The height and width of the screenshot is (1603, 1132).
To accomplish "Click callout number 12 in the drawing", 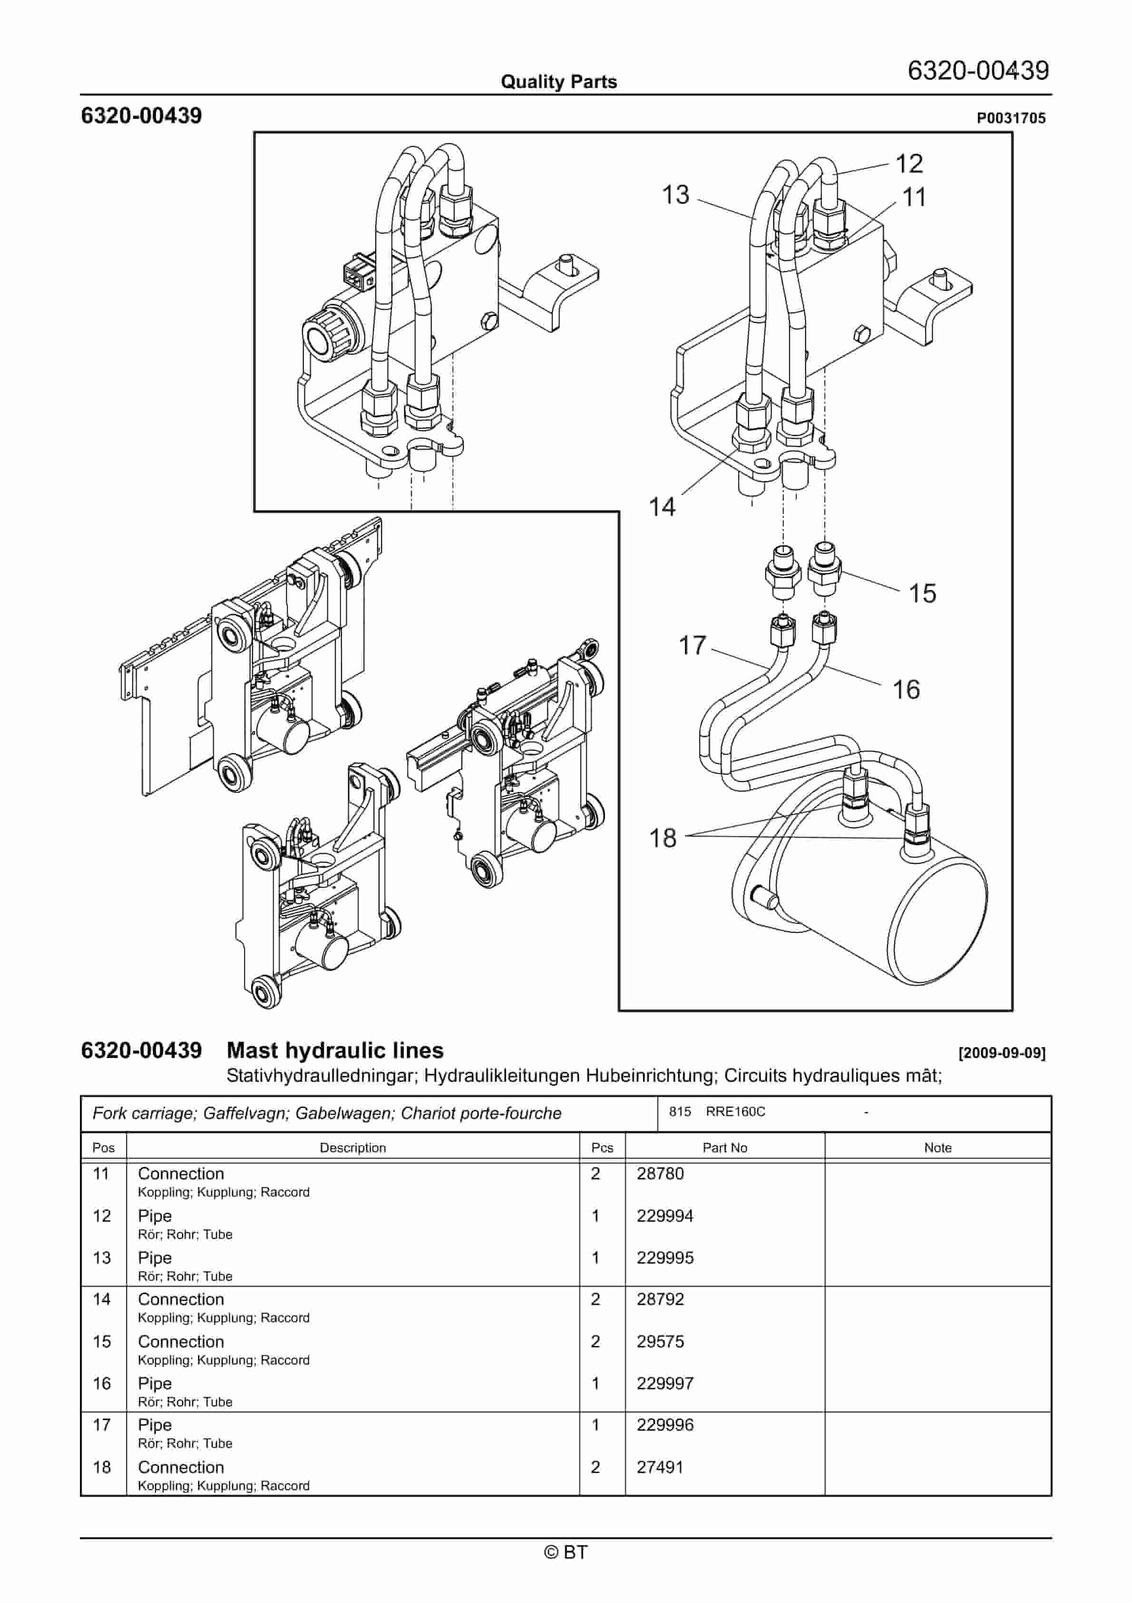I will click(x=908, y=164).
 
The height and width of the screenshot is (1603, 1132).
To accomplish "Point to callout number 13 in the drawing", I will click(x=675, y=195).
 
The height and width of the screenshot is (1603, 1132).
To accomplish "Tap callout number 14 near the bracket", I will click(x=662, y=506).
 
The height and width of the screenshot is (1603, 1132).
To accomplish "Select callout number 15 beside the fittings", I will click(x=921, y=594).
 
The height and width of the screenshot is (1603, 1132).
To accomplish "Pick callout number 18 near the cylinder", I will click(x=662, y=838).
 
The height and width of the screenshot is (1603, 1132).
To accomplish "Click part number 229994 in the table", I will click(x=664, y=1216).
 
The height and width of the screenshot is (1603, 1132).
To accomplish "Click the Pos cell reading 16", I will click(x=102, y=1383).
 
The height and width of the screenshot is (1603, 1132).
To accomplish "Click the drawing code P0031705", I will click(x=1011, y=118).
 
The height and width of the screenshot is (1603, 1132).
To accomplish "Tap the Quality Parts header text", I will click(x=558, y=82).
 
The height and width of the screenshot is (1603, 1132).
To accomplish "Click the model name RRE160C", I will click(x=735, y=1111).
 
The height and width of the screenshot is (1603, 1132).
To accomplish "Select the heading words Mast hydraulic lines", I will click(x=335, y=1050).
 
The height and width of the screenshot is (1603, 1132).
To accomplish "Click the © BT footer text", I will click(x=566, y=1552).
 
